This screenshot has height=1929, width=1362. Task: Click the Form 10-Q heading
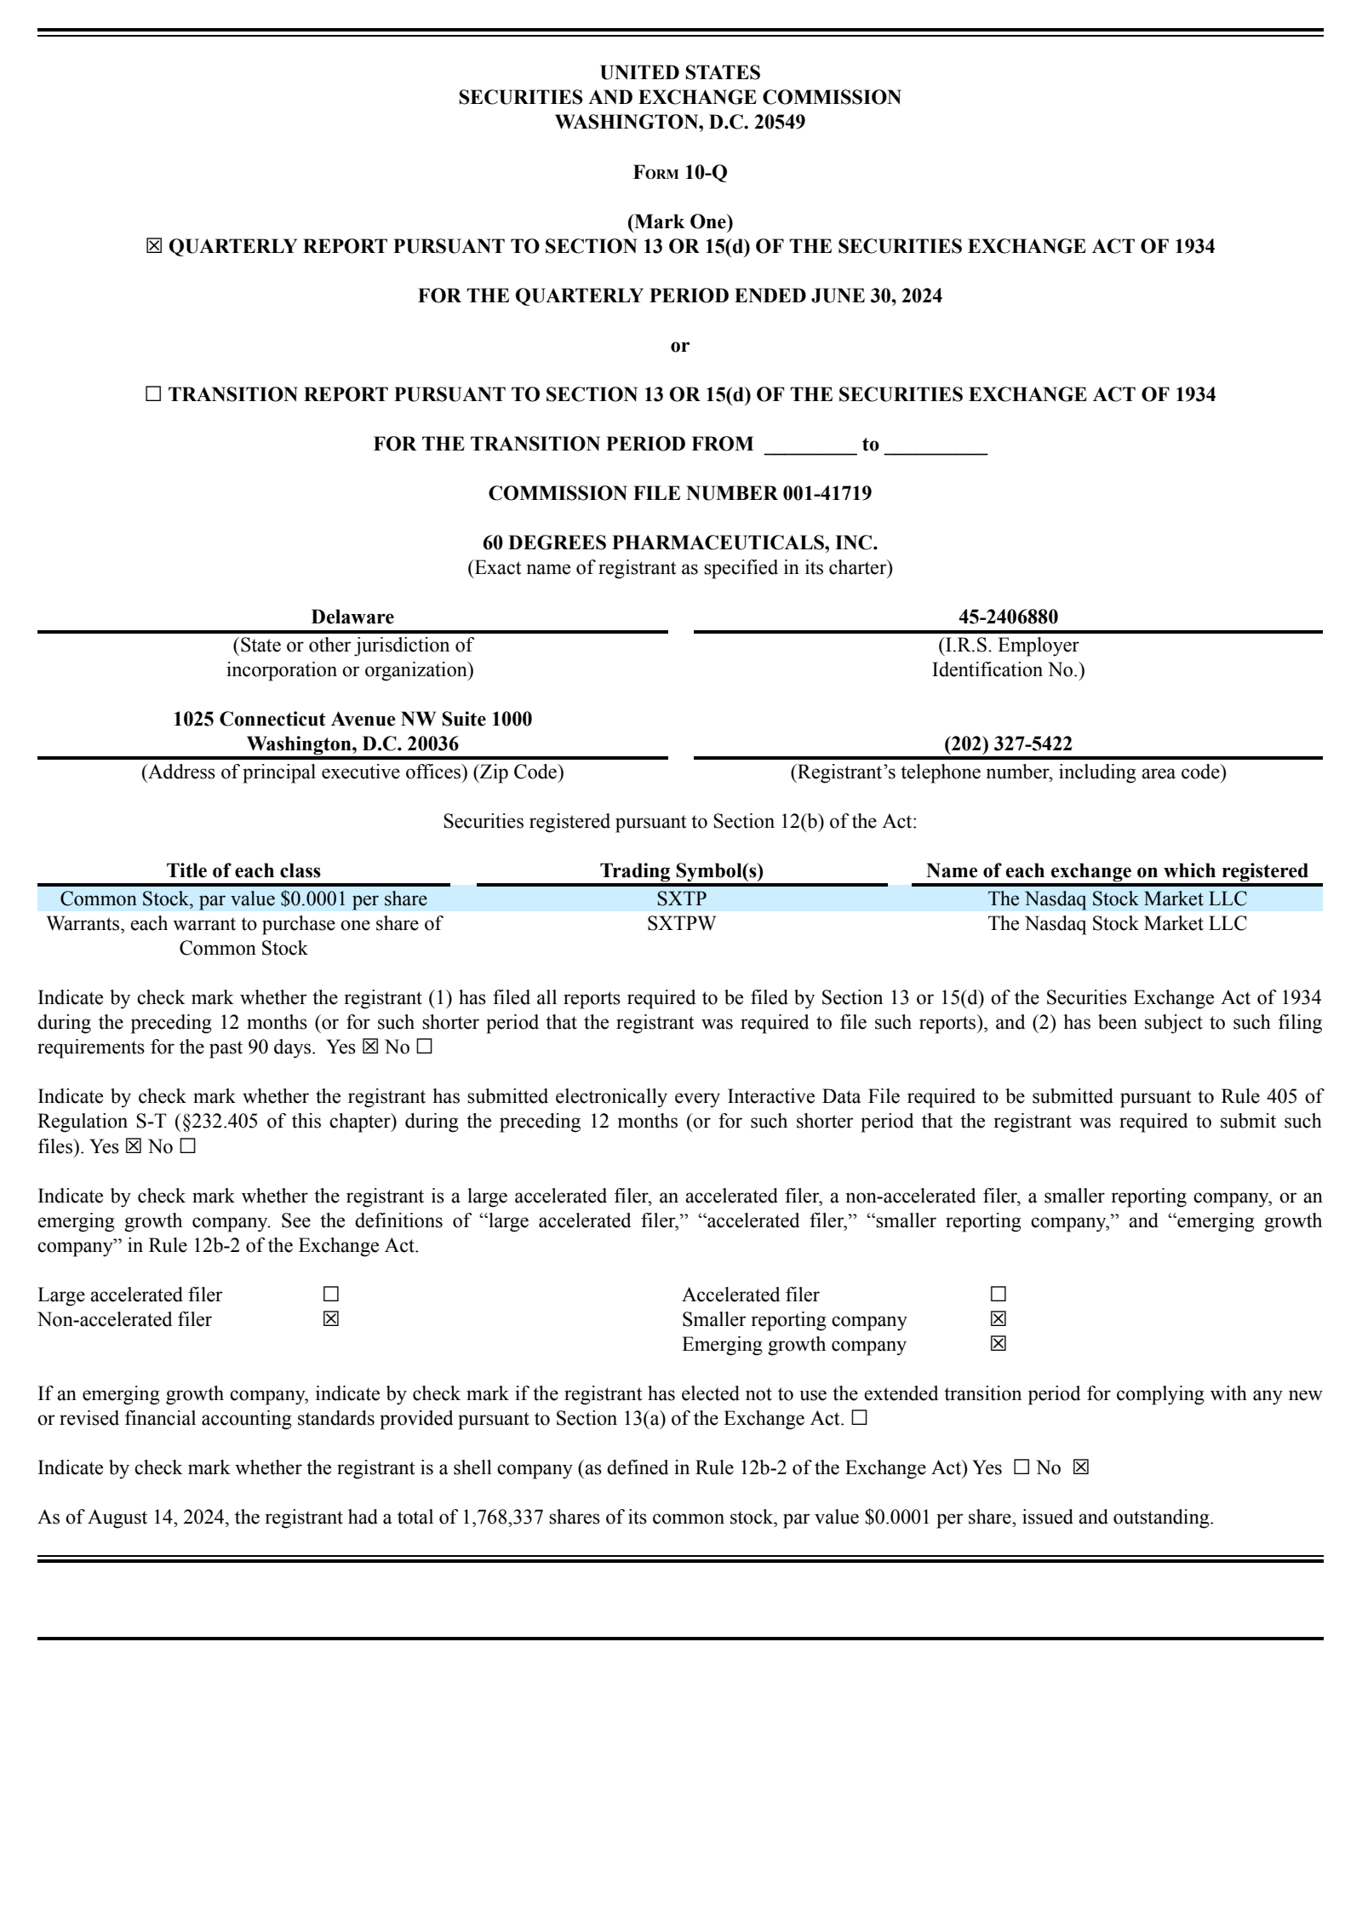pos(680,173)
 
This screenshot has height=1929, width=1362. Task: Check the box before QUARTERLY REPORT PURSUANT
pos(153,247)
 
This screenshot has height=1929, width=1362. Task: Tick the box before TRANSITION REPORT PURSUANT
pos(153,394)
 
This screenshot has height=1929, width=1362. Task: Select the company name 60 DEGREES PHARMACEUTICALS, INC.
pos(680,543)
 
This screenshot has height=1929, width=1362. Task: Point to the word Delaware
pos(352,617)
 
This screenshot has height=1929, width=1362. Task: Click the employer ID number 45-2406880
pos(1008,617)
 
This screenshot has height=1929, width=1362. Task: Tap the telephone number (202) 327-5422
pos(1008,744)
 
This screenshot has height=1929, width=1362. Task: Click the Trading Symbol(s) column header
pos(682,870)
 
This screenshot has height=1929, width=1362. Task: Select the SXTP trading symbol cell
pos(682,898)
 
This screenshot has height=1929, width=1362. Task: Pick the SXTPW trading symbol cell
pos(682,923)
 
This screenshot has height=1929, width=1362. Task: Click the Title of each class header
pos(243,870)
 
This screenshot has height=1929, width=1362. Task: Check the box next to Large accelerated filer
pos(330,1295)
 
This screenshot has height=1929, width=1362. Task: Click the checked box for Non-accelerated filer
pos(330,1319)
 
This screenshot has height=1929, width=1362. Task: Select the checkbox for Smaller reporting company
pos(998,1319)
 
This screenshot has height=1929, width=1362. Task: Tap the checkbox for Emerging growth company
pos(998,1344)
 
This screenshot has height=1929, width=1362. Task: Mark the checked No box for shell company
pos(1080,1467)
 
